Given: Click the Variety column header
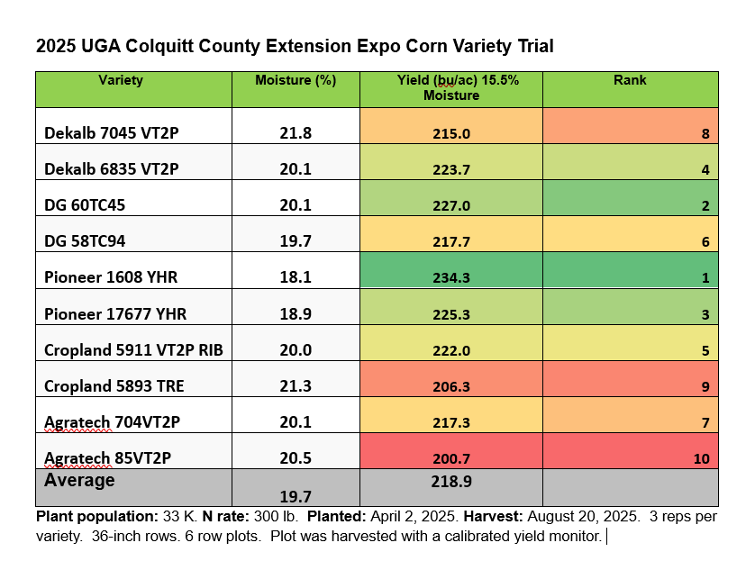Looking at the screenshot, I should coord(121,81).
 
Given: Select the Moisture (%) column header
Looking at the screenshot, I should coord(296,81).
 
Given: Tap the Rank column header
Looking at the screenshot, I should coord(630,81).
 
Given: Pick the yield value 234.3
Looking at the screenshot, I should coord(451,278).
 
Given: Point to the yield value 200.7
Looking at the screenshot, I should coord(451,458).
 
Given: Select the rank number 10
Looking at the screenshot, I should coord(701,458).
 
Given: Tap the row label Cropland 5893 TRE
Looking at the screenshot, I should coord(114,386).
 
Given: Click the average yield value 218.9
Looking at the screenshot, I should coord(451,483).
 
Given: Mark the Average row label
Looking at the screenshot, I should coord(80,481).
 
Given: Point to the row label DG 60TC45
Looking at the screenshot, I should coord(85,205).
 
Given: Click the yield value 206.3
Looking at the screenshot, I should coord(451,386).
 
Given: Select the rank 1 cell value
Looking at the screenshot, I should coord(705,278).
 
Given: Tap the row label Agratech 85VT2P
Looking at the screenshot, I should coord(107,458).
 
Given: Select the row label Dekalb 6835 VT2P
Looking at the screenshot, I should coord(112,169).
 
